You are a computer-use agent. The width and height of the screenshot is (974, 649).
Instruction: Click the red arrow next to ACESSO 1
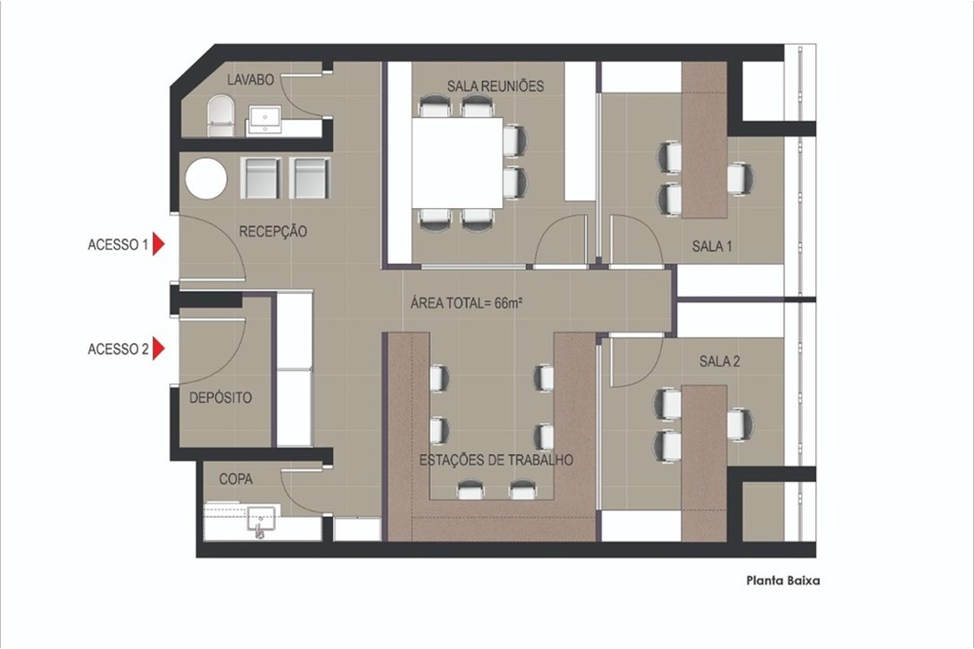point(160,245)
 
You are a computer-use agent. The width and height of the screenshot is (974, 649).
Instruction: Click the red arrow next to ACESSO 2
point(160,350)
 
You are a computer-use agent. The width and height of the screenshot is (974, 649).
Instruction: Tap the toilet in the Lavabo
point(220,115)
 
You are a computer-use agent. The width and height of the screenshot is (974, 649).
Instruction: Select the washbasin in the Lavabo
point(264,119)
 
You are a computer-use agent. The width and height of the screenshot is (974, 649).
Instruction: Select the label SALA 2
point(720,361)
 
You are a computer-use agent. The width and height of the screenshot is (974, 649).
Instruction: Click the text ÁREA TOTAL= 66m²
point(469,304)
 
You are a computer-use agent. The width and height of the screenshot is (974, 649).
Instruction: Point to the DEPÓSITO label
point(221,398)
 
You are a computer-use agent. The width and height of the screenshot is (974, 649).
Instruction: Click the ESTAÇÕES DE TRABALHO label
point(496,460)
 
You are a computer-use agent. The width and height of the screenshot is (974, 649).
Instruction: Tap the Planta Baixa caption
point(776,582)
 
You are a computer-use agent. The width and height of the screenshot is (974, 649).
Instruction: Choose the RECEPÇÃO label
point(273,231)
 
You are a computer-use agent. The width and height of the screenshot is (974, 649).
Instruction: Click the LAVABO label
point(251,81)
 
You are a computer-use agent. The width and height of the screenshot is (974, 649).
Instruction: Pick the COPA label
point(236,480)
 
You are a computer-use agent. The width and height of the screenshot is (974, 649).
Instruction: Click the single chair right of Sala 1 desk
point(739,179)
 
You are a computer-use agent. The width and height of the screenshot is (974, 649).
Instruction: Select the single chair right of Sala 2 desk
point(740,423)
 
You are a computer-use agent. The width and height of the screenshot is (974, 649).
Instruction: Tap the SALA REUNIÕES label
point(496,86)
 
